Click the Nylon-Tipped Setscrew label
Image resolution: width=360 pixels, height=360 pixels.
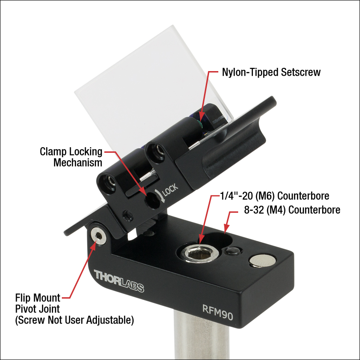click(271, 72)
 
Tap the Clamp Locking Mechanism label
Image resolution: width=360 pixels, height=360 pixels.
click(71, 157)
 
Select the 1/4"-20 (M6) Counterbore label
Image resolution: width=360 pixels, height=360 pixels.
click(275, 196)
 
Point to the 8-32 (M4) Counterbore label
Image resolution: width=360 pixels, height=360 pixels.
click(292, 210)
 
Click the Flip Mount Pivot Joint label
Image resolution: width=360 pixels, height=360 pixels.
click(38, 303)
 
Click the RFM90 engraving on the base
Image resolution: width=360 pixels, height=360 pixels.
click(218, 312)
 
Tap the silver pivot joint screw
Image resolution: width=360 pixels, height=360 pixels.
click(98, 236)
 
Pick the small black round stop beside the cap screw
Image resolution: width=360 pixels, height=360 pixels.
click(233, 251)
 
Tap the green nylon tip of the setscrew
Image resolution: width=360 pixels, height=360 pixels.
click(201, 125)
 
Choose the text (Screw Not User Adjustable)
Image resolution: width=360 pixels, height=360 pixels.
click(75, 320)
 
